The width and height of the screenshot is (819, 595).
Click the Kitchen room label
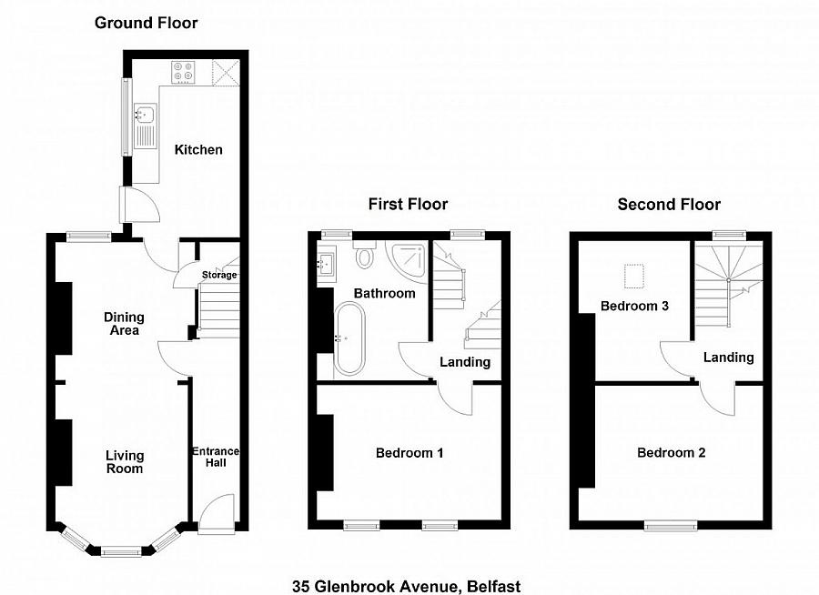pyautogui.click(x=198, y=150)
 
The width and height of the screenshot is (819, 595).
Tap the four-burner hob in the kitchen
pyautogui.click(x=183, y=72)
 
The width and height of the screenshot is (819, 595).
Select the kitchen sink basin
pyautogui.click(x=145, y=113)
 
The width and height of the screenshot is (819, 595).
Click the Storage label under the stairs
pyautogui.click(x=219, y=275)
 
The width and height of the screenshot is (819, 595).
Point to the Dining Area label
pyautogui.click(x=125, y=323)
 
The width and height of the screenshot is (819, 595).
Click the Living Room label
pyautogui.click(x=125, y=462)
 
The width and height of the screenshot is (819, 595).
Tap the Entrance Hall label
pyautogui.click(x=216, y=457)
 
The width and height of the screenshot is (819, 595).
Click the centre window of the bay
pyautogui.click(x=121, y=551)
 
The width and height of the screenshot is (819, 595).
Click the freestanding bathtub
pyautogui.click(x=349, y=338)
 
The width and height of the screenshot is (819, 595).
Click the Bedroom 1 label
pyautogui.click(x=409, y=453)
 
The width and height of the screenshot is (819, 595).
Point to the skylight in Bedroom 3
pyautogui.click(x=634, y=277)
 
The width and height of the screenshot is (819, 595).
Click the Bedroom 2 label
pyautogui.click(x=672, y=453)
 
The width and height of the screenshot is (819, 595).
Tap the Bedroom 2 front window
pyautogui.click(x=671, y=524)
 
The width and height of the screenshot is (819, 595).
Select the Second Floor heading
pyautogui.click(x=669, y=205)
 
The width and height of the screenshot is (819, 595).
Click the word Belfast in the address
pyautogui.click(x=493, y=586)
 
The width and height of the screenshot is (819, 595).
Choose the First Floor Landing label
pyautogui.click(x=465, y=362)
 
